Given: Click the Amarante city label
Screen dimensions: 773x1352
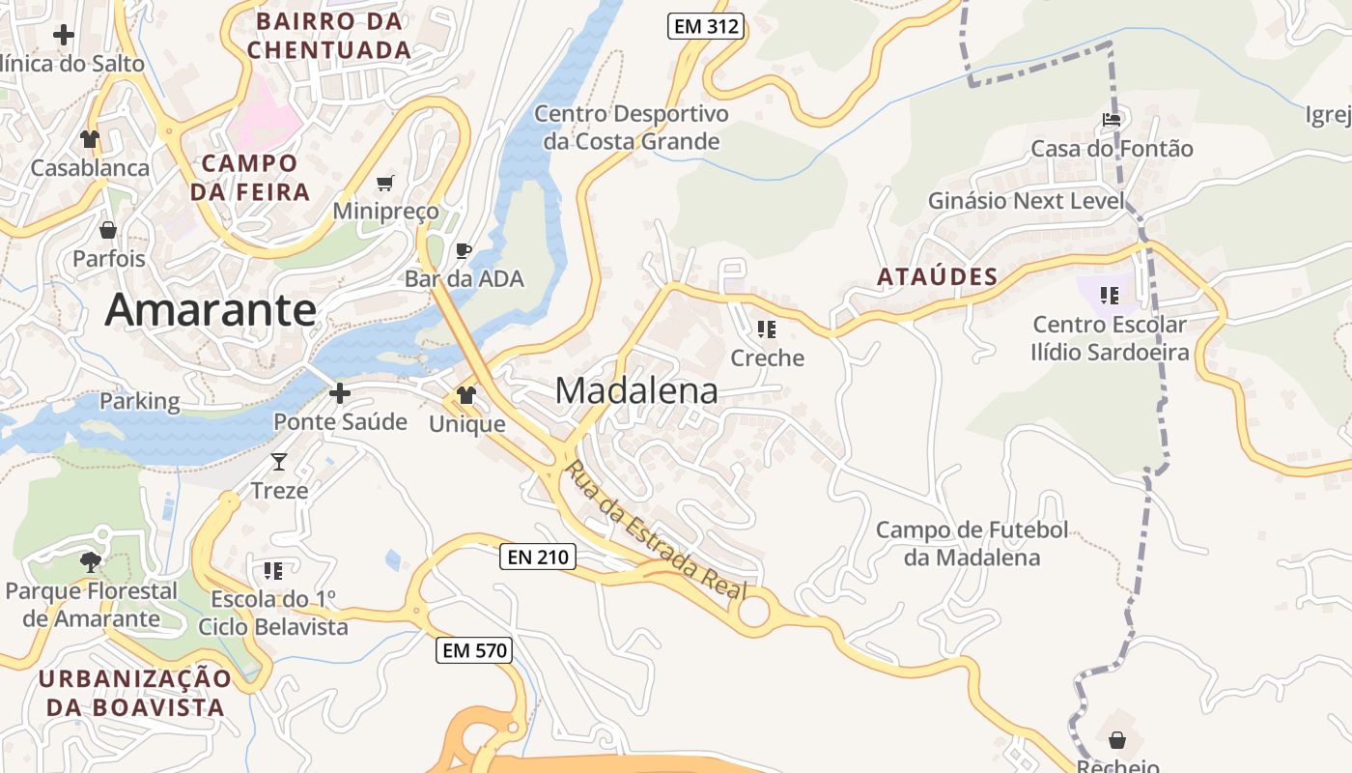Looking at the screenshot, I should (211, 310).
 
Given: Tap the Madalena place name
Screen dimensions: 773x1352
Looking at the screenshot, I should (636, 390).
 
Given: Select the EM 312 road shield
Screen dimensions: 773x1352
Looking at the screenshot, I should (706, 27).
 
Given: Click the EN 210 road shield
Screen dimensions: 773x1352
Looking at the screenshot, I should (538, 557).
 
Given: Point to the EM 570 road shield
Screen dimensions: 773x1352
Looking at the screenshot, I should (473, 650).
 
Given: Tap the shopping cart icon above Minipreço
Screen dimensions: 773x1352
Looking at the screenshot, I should (385, 183).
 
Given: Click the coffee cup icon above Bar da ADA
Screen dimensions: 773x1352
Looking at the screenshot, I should (464, 251).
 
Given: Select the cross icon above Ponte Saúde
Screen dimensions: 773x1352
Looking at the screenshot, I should (340, 393).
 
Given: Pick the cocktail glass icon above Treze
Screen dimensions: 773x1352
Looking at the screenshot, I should (279, 462).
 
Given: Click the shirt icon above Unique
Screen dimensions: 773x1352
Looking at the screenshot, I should (466, 395).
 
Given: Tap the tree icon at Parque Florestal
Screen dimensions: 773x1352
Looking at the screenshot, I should (91, 561).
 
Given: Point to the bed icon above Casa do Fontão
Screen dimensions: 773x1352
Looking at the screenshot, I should (1112, 120).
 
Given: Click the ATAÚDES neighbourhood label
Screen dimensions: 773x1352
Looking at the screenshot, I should (937, 277).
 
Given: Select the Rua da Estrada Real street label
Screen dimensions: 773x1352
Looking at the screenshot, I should (655, 530).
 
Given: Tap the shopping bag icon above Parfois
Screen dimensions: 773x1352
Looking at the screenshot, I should (108, 230).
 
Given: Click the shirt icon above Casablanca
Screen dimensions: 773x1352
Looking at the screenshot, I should (90, 139).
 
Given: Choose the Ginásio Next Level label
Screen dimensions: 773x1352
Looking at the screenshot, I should (1027, 201).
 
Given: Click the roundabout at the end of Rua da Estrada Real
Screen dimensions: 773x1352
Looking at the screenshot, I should (753, 611).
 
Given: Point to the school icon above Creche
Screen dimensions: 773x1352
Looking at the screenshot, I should (767, 329).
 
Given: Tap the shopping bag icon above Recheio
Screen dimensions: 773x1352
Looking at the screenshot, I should (1117, 740).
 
